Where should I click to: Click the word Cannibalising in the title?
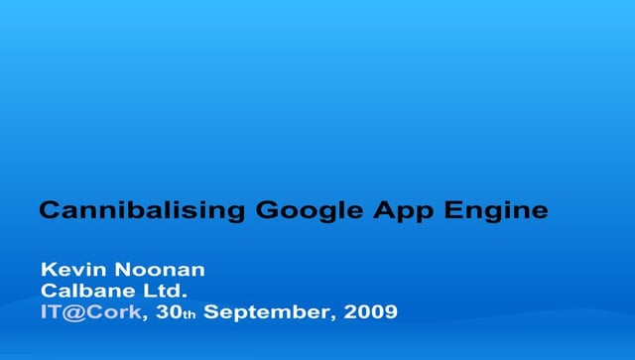[x=143, y=211]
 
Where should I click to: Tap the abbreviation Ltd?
[x=163, y=292]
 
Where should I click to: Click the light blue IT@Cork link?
[x=90, y=312]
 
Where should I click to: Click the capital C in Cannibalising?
[x=47, y=211]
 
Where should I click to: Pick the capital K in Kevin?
[x=48, y=271]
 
